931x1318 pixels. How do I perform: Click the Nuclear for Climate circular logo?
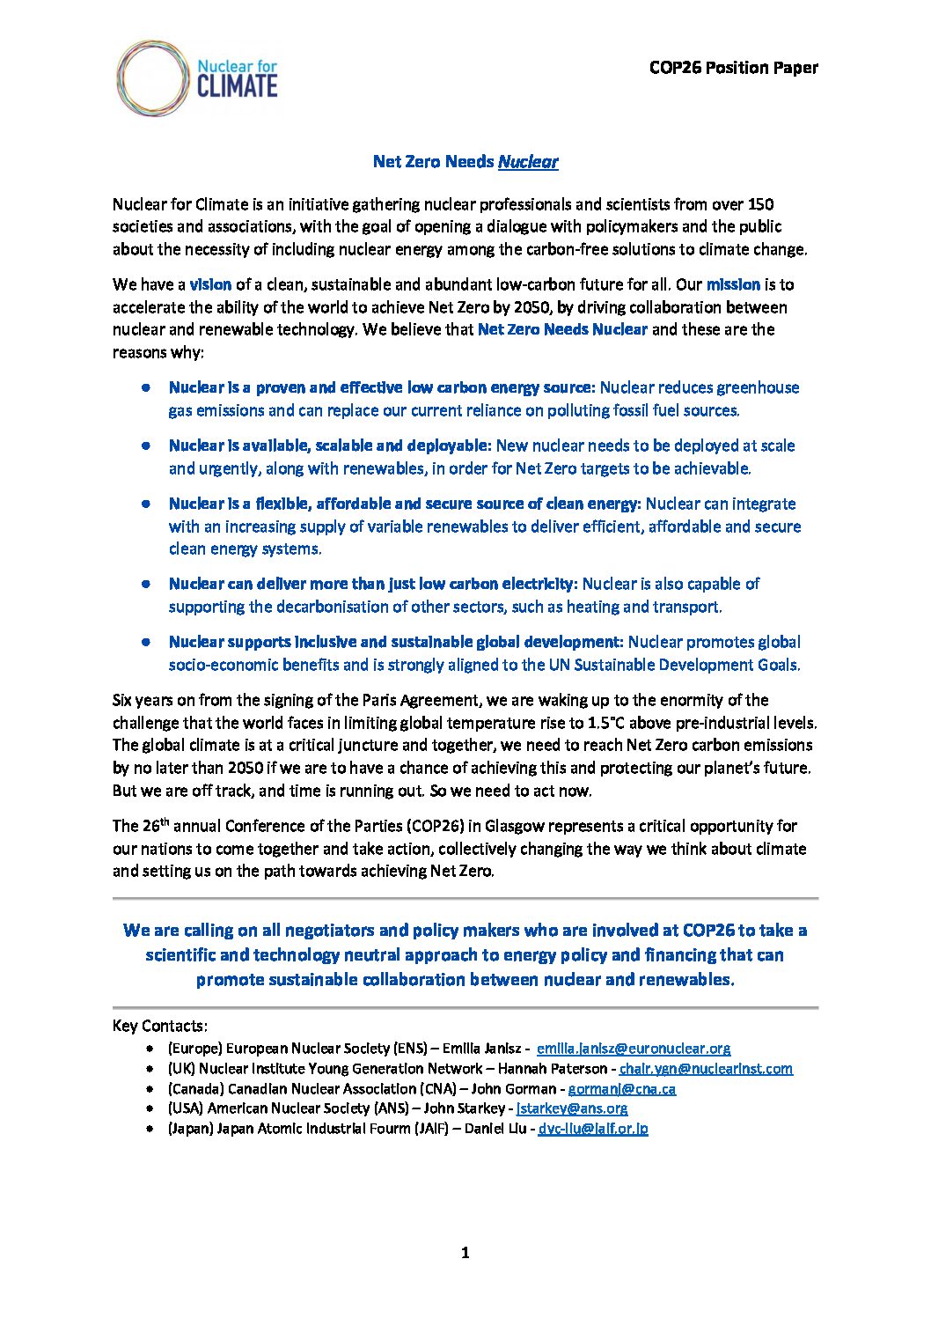tap(152, 77)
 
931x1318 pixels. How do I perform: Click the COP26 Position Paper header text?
tap(733, 68)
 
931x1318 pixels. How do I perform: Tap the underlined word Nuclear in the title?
tap(528, 161)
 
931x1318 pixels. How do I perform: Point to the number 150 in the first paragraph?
tap(760, 204)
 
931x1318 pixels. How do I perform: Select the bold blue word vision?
tap(210, 284)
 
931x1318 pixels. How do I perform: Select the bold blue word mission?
tap(733, 284)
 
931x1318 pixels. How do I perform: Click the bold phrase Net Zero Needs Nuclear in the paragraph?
tap(562, 329)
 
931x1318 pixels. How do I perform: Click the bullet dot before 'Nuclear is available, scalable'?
tap(147, 445)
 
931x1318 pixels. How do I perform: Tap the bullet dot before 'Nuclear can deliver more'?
tap(147, 584)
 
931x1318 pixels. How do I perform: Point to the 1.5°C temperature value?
tap(612, 723)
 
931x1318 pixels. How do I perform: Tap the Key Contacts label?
tap(160, 1026)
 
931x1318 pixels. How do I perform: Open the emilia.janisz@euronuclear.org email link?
tap(633, 1049)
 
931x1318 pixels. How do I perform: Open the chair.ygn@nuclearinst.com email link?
tap(706, 1069)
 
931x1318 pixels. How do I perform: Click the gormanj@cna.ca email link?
tap(621, 1089)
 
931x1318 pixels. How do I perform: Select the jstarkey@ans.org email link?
tap(572, 1108)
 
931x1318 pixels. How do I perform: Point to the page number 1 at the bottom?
tap(465, 1253)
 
